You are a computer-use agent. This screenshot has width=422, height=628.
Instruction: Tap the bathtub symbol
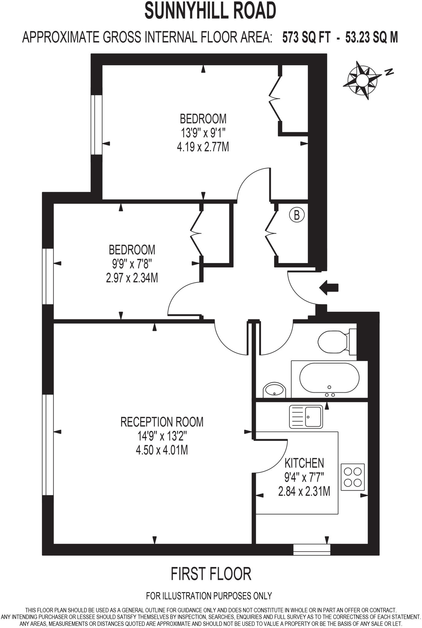[x=329, y=379]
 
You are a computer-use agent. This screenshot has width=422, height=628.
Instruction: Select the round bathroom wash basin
[x=274, y=390]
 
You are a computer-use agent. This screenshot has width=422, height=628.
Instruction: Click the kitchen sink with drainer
[x=306, y=416]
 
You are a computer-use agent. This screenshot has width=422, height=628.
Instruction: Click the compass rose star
[x=362, y=80]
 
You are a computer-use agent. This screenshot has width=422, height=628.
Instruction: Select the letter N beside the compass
[x=389, y=72]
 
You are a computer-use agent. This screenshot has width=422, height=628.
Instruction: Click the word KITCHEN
[x=304, y=463]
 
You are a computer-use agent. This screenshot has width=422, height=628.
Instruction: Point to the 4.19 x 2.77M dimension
[x=203, y=147]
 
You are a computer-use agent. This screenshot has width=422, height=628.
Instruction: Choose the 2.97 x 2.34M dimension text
[x=132, y=278]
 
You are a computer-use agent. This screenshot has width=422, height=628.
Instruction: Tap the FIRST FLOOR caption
[x=211, y=574]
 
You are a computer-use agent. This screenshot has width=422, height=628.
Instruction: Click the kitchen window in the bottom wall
[x=312, y=549]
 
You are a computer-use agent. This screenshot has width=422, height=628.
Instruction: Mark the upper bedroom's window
[x=97, y=125]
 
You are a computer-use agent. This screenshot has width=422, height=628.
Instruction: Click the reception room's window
[x=48, y=445]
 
